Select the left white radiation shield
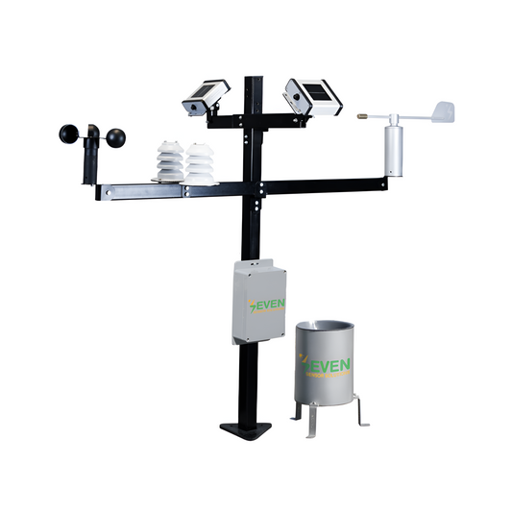[169, 162]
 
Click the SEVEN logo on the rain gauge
[328, 365]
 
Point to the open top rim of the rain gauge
[324, 329]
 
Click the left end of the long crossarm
[100, 192]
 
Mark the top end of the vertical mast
[254, 79]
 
